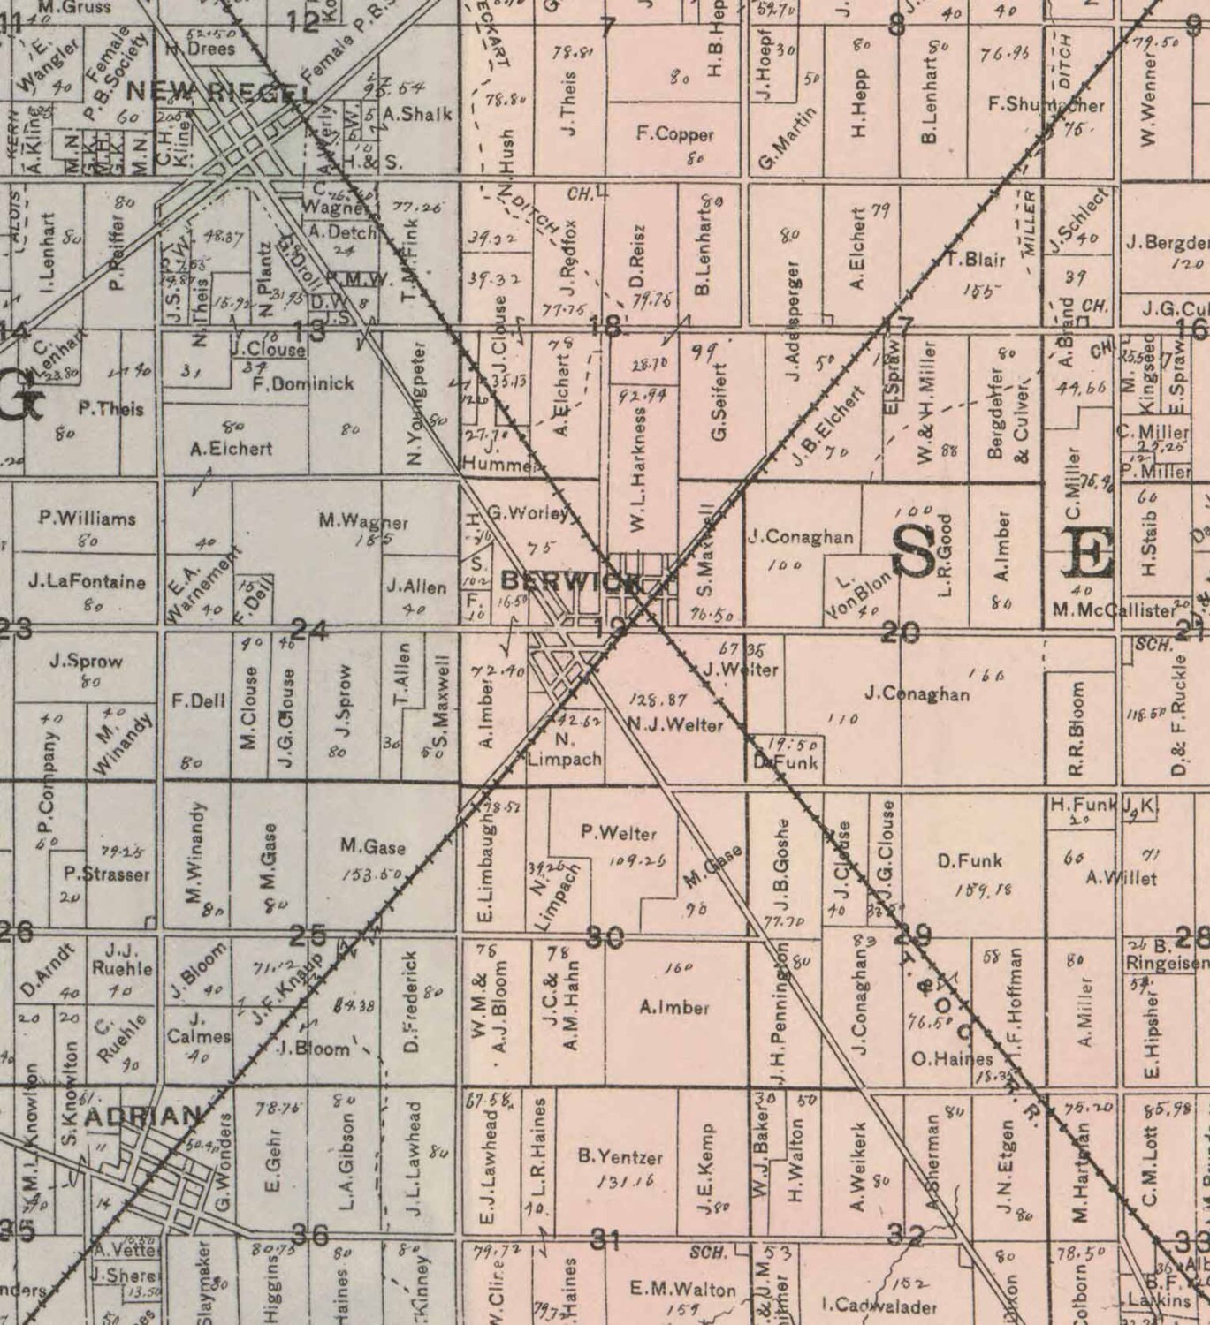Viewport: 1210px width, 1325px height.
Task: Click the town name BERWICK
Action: [x=569, y=580]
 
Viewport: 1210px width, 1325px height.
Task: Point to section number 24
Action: [x=309, y=630]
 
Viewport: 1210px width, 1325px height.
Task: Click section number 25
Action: [x=308, y=935]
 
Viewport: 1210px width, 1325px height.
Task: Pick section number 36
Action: [x=309, y=1234]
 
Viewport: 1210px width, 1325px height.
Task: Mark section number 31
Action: [x=605, y=1239]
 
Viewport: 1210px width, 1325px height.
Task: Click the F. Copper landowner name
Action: [x=675, y=135]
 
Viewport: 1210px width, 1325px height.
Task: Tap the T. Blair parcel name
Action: [x=975, y=260]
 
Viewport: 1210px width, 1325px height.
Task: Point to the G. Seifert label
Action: [x=719, y=403]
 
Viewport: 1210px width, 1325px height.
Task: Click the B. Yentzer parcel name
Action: [x=620, y=1155]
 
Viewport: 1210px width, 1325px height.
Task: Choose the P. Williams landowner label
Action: [x=88, y=518]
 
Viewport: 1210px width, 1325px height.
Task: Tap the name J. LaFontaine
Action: [x=87, y=581]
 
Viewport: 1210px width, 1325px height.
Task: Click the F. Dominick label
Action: [x=302, y=383]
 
